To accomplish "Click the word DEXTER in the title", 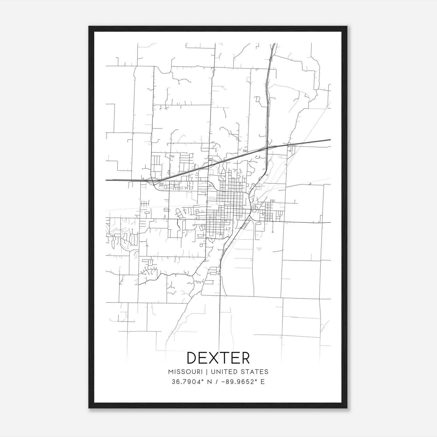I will tap(218, 358).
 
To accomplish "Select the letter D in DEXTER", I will tap(192, 358).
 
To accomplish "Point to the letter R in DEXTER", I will tap(245, 358).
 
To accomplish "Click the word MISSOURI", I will tap(185, 372).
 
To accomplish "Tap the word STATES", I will tap(255, 372).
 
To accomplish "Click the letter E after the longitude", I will tap(262, 382).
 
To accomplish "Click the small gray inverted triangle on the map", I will tap(259, 249).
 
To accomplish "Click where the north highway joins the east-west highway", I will tap(267, 148).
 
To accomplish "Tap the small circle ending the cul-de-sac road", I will tap(273, 232).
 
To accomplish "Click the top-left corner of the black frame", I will tap(89, 26).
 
